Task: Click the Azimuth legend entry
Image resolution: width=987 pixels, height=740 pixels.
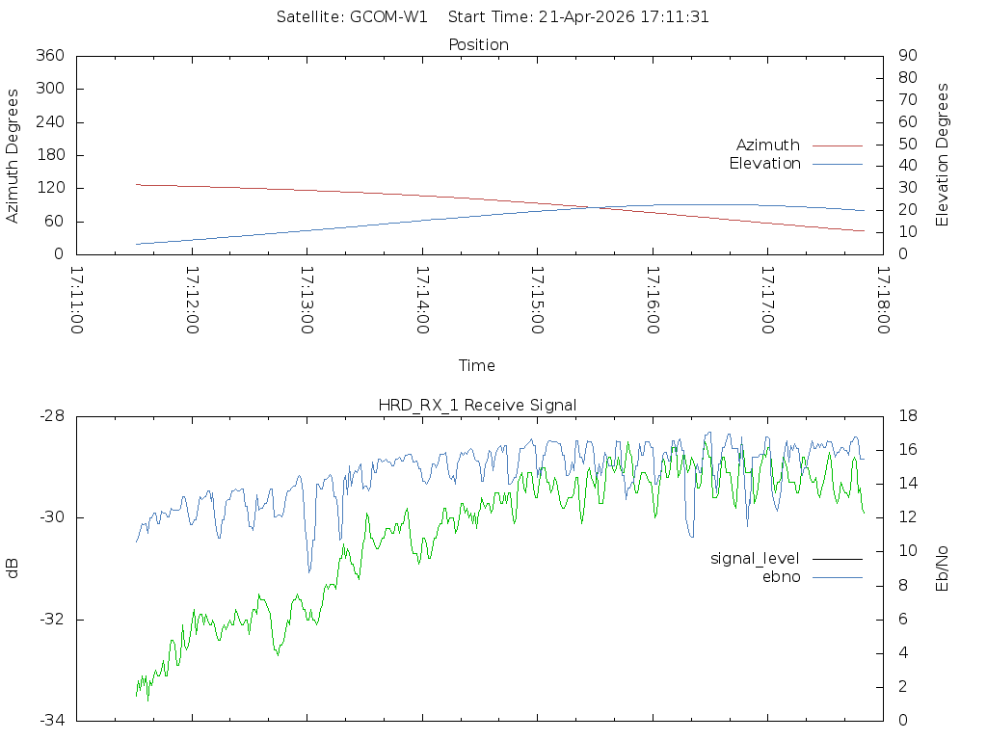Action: point(768,145)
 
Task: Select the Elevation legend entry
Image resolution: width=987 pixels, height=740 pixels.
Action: point(765,164)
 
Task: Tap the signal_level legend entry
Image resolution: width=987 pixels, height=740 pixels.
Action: point(754,559)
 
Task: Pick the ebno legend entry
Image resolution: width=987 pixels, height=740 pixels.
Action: point(782,577)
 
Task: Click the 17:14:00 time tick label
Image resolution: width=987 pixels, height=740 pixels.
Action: point(422,302)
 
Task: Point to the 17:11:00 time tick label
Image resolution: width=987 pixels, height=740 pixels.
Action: point(77,302)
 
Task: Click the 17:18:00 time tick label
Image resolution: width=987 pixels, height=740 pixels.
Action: point(882,302)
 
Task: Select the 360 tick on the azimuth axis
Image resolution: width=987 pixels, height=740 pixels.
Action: point(49,56)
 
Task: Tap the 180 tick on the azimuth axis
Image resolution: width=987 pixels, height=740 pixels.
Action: point(49,155)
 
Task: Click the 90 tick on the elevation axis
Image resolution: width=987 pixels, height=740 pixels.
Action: point(906,56)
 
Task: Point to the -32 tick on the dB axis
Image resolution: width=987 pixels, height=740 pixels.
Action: point(50,620)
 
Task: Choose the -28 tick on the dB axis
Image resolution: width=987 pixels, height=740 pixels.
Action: point(50,416)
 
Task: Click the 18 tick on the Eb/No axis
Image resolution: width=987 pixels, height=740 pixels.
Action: point(906,416)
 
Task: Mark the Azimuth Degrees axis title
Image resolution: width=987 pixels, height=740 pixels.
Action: point(13,155)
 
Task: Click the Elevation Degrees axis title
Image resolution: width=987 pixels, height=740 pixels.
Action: point(944,155)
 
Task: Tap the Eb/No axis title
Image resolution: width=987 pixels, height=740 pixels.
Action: point(944,568)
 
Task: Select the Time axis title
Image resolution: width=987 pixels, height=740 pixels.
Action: point(477,366)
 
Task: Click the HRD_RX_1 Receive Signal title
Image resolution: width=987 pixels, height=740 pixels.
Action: point(477,406)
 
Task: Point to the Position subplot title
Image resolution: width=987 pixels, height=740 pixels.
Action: point(478,45)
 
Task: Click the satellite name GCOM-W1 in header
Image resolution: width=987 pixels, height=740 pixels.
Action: point(388,17)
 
